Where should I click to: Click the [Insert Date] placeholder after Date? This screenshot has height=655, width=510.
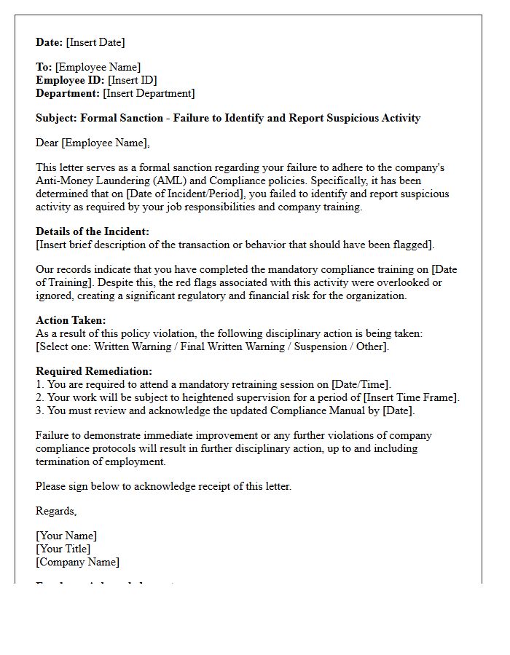pos(95,42)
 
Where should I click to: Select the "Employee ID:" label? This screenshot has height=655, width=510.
pos(71,80)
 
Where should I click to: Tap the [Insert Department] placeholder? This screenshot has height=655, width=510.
pos(149,93)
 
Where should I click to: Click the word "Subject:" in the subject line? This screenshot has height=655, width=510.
pos(56,118)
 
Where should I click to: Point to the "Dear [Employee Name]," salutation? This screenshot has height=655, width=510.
pos(93,143)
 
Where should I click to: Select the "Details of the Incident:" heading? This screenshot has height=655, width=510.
pos(93,231)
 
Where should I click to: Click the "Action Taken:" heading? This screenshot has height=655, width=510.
pos(71,320)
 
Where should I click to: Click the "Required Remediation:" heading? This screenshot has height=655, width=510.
pos(94,371)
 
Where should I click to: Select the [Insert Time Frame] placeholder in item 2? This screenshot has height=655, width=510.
pos(411,397)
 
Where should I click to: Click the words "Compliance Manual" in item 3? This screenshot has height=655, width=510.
pos(305,410)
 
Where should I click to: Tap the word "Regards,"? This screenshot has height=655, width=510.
pos(56,511)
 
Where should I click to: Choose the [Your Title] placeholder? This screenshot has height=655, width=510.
pos(63,549)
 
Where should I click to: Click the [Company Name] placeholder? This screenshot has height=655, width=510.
pos(77,562)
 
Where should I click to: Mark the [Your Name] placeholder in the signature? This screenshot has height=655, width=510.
pos(66,536)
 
